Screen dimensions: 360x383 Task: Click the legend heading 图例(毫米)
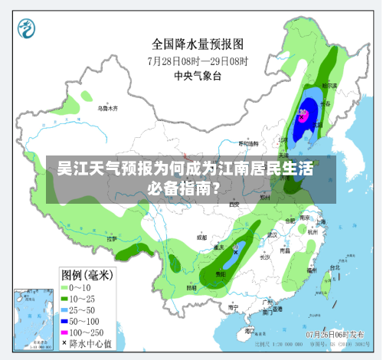pos(86,274)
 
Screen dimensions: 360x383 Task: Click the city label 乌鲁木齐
pos(107,108)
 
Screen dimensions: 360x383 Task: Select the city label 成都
pos(201,237)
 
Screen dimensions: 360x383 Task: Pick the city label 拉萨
pos(115,239)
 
